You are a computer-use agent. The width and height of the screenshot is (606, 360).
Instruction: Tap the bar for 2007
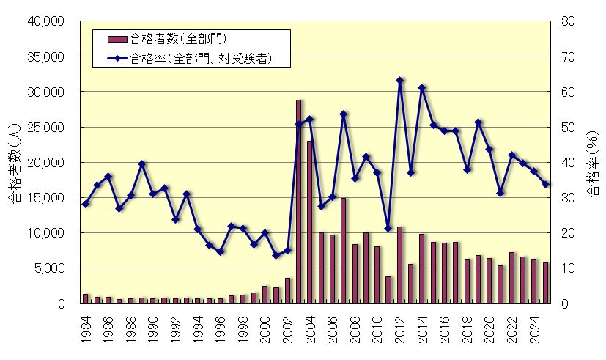click(343, 250)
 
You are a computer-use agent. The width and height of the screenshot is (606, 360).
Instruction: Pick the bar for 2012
click(399, 265)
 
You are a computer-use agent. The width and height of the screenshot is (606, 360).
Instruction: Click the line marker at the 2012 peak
click(399, 80)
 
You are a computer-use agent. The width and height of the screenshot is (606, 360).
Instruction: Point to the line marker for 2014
click(422, 87)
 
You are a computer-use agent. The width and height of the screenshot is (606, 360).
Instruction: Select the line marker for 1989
click(142, 164)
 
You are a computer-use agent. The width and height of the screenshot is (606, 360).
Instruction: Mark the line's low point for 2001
click(276, 255)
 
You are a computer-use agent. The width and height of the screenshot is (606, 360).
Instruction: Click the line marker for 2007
click(343, 114)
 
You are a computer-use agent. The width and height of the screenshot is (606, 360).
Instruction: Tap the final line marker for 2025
click(545, 185)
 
